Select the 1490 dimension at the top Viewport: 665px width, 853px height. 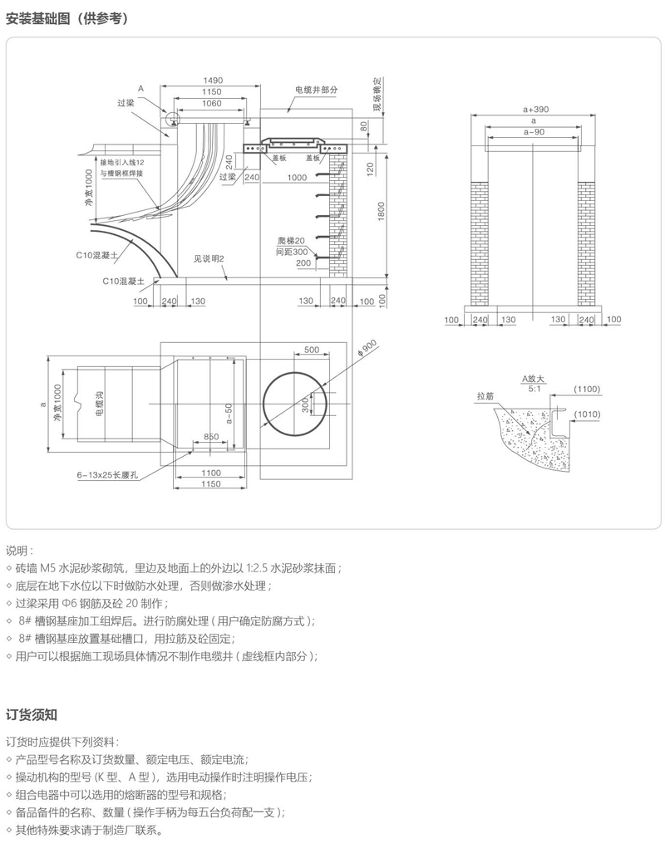coord(211,81)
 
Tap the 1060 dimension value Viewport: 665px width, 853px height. coord(211,103)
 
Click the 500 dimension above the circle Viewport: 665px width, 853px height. coord(312,350)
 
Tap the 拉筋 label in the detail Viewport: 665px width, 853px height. coord(485,396)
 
